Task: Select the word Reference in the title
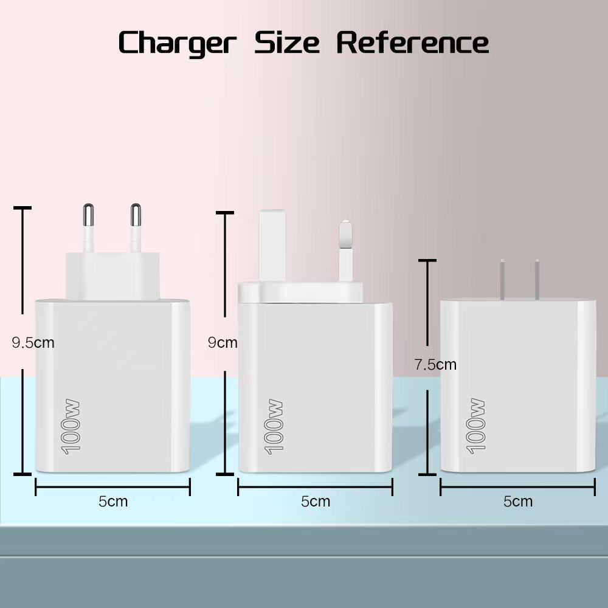coord(413,43)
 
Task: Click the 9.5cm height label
coord(33,343)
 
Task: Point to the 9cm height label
coord(223,343)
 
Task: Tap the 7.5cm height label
coord(435,365)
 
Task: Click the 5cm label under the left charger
coord(113,502)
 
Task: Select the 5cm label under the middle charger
coord(316,502)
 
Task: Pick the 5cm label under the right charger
coord(518,502)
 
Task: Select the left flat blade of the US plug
coord(503,279)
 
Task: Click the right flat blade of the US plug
coord(537,279)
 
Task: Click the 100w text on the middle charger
coord(274,426)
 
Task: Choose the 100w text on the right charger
coord(476,426)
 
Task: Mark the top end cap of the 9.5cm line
coord(22,209)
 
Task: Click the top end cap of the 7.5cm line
coord(427,260)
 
